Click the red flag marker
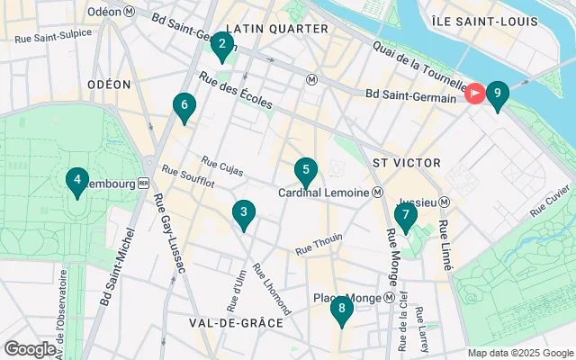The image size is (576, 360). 474,93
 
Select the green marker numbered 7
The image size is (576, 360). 405,216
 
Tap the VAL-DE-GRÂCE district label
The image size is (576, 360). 236,322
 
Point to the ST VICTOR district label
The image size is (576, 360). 406,163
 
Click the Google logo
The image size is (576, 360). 30,348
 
